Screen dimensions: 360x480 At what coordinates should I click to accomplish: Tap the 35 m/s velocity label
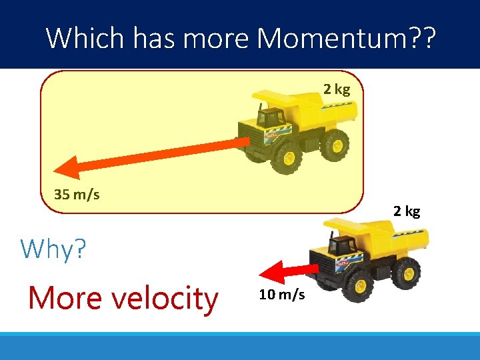tap(77, 195)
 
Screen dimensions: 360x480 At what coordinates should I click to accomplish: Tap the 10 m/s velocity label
tap(282, 295)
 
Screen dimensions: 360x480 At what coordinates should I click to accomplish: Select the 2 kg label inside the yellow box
tap(337, 90)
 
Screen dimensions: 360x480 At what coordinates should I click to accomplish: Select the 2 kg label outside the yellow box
tap(407, 211)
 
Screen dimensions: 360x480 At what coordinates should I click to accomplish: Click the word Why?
tap(53, 249)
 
